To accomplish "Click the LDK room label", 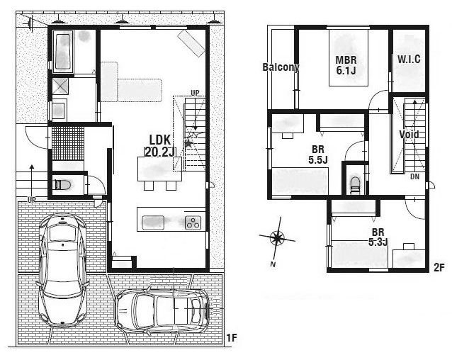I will pos(157,139).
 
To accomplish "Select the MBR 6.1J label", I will pos(345,65).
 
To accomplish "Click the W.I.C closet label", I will pos(409,60).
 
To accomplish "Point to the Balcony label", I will pos(281,67).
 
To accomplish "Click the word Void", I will pos(409,134).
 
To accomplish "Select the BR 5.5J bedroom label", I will pos(317,154).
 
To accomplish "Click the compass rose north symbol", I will pos(278,238).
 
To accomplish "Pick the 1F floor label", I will pos(232,337).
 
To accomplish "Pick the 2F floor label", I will pos(439,268).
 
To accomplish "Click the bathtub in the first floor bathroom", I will pos(63,50).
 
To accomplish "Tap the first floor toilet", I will pos(62,186).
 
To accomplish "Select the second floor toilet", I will pos(355,184).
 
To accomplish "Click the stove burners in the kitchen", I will pos(193,223).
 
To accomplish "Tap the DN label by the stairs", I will pos(414,176).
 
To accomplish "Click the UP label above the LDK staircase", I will pos(194,93).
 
